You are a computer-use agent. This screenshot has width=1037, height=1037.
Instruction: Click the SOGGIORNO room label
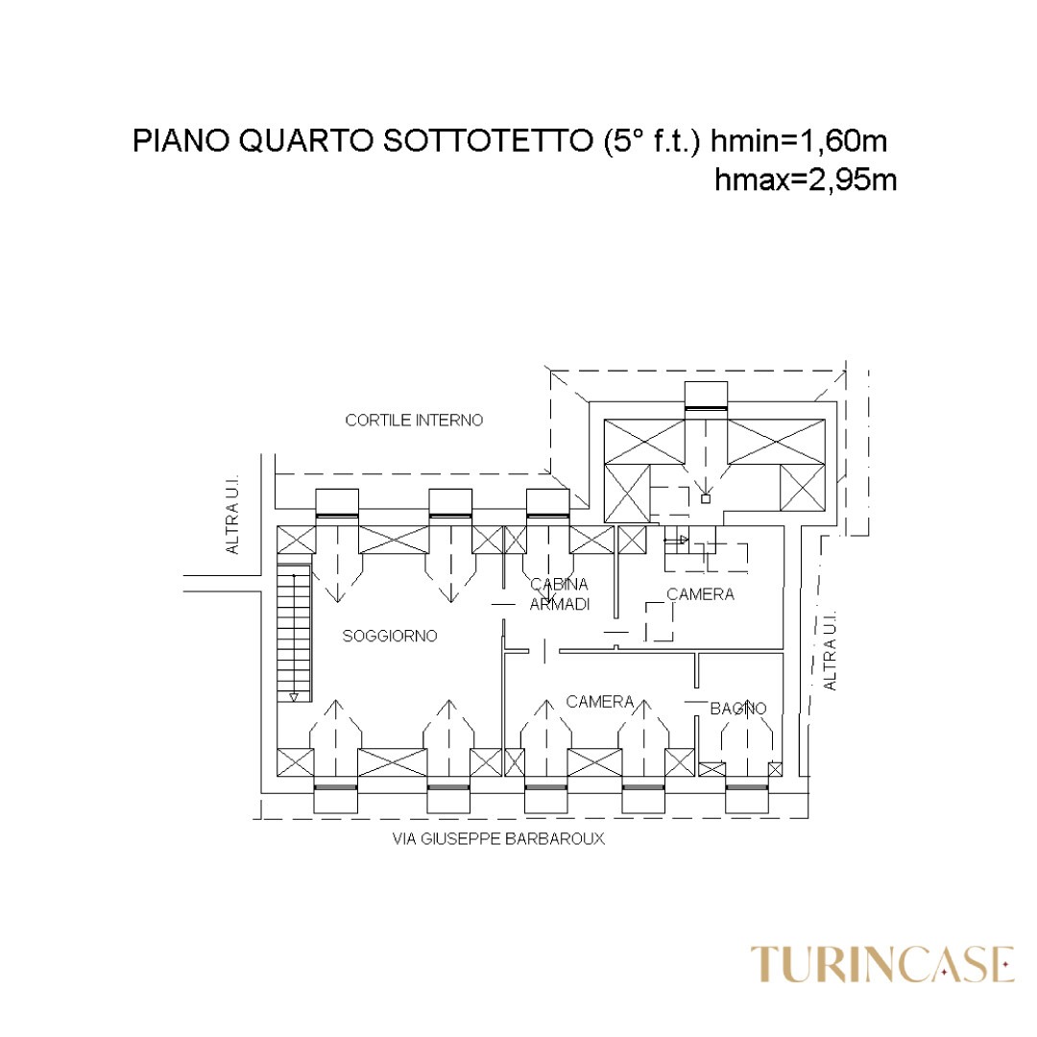tap(390, 637)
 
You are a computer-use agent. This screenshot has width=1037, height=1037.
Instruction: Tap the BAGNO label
tap(738, 709)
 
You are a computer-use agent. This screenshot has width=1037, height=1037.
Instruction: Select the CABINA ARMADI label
tap(560, 594)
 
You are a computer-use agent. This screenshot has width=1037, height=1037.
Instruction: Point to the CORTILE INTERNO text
tap(414, 421)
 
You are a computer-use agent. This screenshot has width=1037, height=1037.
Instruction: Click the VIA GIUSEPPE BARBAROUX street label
tap(498, 839)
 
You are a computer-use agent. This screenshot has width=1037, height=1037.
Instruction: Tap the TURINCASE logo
tap(882, 965)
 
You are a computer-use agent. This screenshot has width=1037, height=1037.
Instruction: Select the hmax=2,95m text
tap(806, 180)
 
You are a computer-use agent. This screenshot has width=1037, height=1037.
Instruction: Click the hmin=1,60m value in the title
tap(799, 141)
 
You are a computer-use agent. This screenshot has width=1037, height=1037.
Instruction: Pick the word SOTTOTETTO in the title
tap(487, 141)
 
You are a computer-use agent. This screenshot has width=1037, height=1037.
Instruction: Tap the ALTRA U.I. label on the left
tap(231, 515)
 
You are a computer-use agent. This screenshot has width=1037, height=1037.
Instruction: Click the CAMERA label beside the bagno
tap(600, 702)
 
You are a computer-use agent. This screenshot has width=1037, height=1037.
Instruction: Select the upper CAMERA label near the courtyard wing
tap(700, 594)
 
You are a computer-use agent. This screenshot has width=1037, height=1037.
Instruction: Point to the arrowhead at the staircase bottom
tap(294, 697)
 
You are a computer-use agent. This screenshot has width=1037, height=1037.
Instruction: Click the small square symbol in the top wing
tap(706, 499)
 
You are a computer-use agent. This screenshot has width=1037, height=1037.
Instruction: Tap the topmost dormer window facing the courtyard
tap(706, 397)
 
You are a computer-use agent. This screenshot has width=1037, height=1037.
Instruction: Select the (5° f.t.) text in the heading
tap(651, 141)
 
